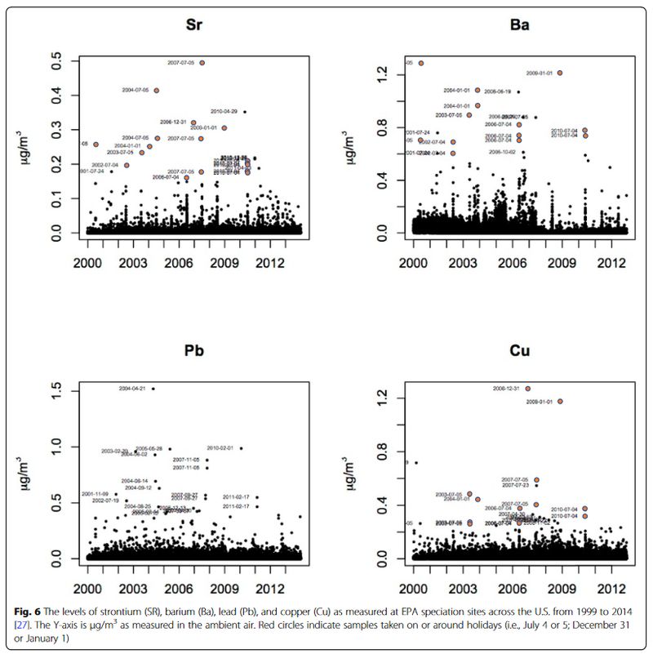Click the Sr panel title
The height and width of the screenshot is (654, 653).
pyautogui.click(x=194, y=24)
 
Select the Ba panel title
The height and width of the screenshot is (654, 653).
pyautogui.click(x=519, y=24)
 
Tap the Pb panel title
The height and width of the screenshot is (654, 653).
pyautogui.click(x=194, y=353)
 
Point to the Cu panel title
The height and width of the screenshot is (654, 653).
pyautogui.click(x=519, y=353)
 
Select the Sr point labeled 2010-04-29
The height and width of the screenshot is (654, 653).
pyautogui.click(x=244, y=112)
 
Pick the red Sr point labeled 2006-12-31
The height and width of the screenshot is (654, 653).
pyautogui.click(x=193, y=122)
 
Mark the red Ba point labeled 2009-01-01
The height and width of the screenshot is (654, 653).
pyautogui.click(x=560, y=73)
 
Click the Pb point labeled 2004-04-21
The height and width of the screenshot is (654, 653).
pyautogui.click(x=153, y=389)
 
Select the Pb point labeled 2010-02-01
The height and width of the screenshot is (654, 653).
pyautogui.click(x=241, y=448)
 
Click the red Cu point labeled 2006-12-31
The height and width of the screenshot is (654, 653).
pyautogui.click(x=527, y=389)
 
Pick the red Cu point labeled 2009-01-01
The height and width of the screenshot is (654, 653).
pyautogui.click(x=560, y=402)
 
